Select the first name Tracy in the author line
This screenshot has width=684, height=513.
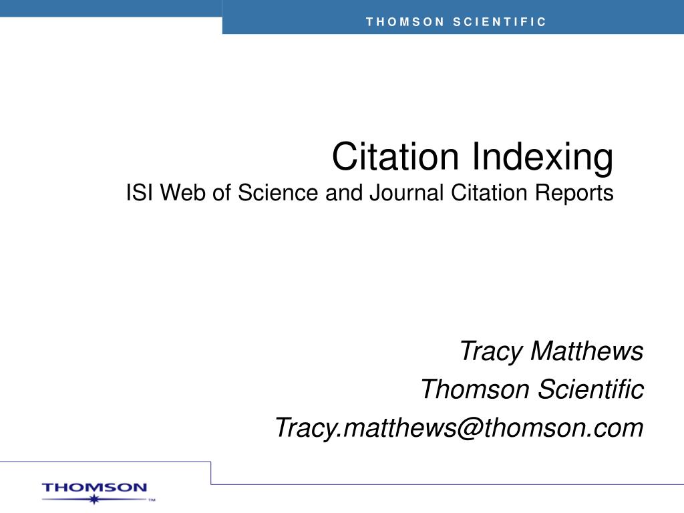[x=491, y=351]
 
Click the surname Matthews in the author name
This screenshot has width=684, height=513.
[x=587, y=350]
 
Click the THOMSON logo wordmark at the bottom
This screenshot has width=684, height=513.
[x=94, y=488]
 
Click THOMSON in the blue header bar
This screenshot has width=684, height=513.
[x=405, y=22]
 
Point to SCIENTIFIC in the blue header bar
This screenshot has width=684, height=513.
[x=500, y=22]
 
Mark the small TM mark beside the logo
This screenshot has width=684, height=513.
[x=152, y=499]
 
